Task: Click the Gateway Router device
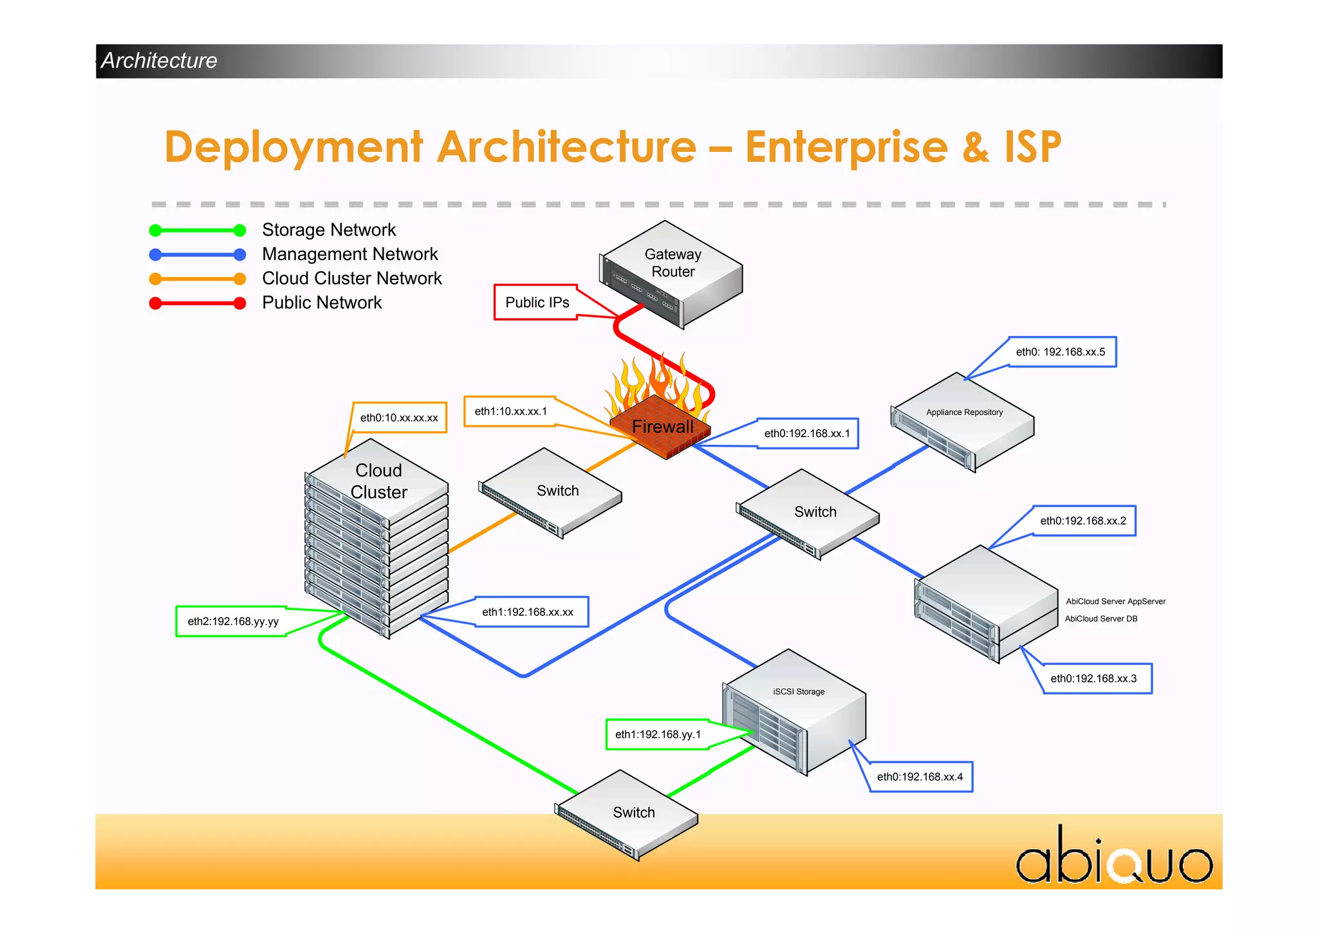tap(672, 274)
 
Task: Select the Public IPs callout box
tap(536, 303)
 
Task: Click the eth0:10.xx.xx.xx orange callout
tap(399, 418)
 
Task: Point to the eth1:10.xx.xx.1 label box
tap(510, 411)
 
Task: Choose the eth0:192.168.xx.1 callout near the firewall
tap(807, 433)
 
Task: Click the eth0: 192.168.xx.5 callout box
tap(1061, 352)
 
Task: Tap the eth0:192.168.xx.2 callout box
tap(1083, 521)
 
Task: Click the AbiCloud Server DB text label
tap(1100, 619)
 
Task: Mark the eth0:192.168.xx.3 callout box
tap(1094, 678)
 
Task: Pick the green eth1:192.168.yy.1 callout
tap(658, 734)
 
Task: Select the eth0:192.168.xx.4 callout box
tap(920, 777)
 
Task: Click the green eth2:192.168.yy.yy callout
tap(233, 621)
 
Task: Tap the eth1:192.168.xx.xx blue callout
tap(528, 612)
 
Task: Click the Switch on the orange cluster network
tap(552, 493)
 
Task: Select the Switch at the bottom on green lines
tap(627, 815)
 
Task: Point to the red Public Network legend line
tap(198, 303)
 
